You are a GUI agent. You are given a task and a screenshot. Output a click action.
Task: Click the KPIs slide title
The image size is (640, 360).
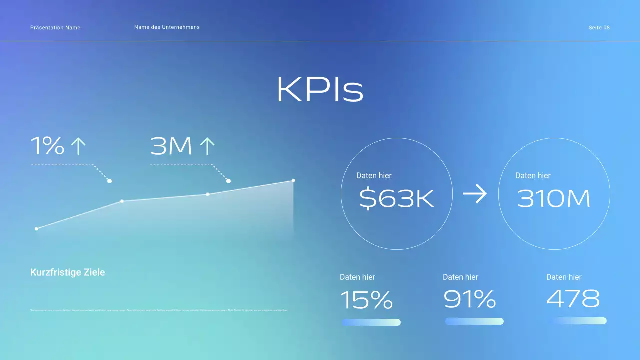320,90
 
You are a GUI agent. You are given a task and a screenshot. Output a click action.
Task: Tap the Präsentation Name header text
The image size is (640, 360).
55,28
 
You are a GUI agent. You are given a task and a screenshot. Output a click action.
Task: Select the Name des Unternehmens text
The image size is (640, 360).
167,27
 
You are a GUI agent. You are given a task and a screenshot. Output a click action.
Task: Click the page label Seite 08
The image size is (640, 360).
599,28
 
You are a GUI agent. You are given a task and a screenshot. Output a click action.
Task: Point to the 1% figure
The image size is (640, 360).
48,146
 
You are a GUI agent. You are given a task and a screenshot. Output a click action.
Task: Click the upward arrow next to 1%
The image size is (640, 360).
78,146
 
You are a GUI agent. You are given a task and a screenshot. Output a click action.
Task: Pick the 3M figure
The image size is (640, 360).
171,146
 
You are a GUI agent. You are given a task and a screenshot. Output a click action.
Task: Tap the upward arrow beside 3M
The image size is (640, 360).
207,146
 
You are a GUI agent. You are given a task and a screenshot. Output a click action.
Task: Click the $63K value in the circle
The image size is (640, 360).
396,199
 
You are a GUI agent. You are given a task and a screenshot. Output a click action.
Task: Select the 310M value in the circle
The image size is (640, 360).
554,199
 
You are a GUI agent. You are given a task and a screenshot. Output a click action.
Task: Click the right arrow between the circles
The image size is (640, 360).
475,194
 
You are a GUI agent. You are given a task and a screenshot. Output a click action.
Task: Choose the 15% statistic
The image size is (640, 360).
366,300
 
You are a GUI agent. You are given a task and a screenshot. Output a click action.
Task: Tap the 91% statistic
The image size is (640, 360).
469,299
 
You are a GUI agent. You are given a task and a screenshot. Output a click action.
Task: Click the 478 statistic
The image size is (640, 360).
573,299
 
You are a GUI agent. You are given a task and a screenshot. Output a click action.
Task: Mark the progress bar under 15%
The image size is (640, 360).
371,322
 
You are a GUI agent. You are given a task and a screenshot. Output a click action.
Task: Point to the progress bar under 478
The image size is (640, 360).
577,321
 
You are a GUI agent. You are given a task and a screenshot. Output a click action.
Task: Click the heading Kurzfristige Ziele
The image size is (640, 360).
68,272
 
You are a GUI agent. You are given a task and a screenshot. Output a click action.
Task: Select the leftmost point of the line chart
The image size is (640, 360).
36,229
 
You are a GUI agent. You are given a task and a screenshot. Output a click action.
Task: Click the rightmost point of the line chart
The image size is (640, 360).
293,180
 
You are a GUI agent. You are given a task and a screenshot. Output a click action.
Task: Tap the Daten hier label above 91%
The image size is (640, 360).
460,277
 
